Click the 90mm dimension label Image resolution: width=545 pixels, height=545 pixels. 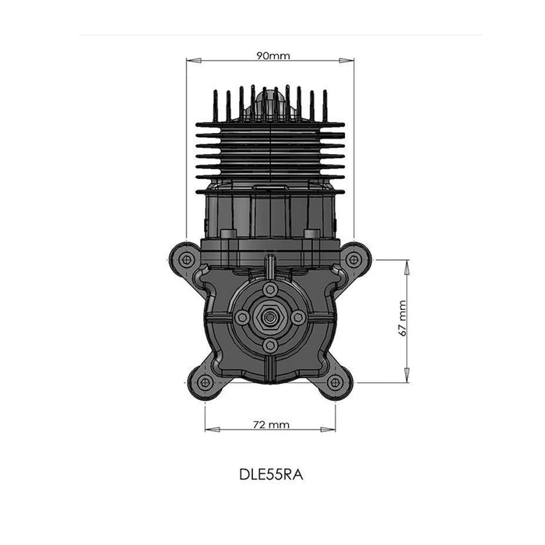coord(272,55)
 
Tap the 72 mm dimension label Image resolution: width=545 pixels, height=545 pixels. coord(271,425)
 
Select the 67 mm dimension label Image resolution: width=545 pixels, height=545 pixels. coord(402,318)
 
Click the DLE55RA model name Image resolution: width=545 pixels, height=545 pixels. coord(271,475)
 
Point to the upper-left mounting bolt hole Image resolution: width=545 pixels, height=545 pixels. coord(187,259)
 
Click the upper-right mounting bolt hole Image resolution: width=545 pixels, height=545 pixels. coord(353,259)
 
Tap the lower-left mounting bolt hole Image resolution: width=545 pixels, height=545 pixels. coord(205,383)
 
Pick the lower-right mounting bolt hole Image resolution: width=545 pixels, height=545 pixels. coord(335,383)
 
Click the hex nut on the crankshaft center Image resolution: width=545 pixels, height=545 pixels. coord(269,317)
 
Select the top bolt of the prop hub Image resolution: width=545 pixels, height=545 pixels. coord(270,289)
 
